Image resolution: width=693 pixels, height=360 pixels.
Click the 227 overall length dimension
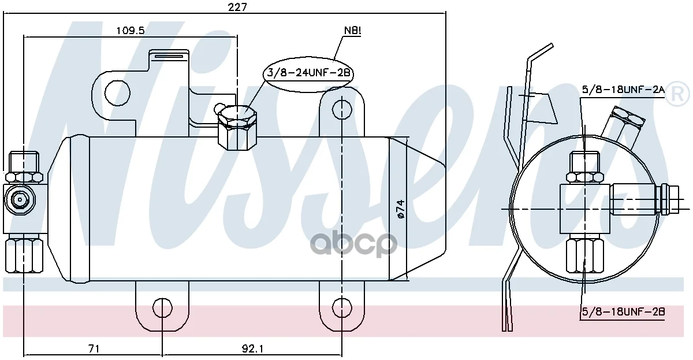tap(237, 7)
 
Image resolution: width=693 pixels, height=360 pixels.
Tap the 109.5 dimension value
tap(131, 30)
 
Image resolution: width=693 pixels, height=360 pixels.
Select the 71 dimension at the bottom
tap(94, 349)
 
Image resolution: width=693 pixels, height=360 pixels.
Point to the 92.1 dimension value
tap(252, 349)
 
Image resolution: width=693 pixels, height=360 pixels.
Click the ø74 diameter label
tap(401, 209)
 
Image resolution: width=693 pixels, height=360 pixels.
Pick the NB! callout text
tap(353, 30)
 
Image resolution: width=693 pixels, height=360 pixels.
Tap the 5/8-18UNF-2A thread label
tap(623, 90)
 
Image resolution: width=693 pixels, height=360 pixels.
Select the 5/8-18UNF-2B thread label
tap(623, 311)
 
